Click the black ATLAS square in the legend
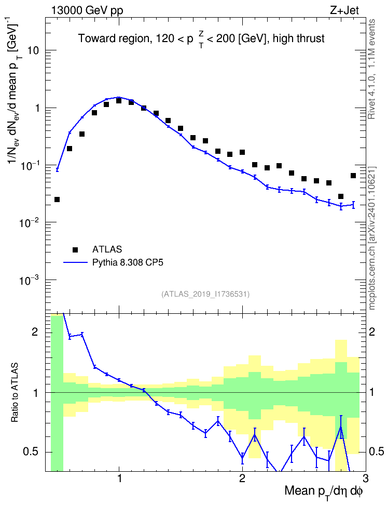(x=75, y=249)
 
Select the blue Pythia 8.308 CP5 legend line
(x=75, y=263)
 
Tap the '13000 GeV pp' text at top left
(x=87, y=10)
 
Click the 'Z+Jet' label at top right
(x=344, y=10)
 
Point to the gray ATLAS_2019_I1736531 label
(x=205, y=294)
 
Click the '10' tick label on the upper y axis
(x=34, y=50)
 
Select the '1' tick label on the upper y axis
(x=37, y=108)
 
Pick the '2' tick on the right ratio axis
(x=372, y=331)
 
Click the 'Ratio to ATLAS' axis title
(x=15, y=393)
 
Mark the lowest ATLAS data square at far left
(x=57, y=200)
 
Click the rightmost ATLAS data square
(x=353, y=176)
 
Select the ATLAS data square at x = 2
(x=242, y=152)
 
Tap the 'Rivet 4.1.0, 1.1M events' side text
(x=372, y=69)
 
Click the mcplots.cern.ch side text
(x=372, y=238)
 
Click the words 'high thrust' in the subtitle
(x=299, y=38)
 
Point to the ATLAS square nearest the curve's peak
(x=119, y=101)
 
